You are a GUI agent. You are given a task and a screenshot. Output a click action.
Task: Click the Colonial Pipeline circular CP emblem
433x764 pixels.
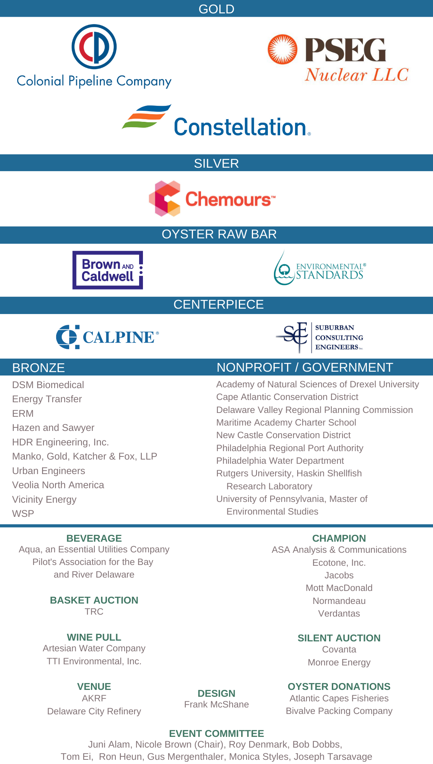[x=94, y=47]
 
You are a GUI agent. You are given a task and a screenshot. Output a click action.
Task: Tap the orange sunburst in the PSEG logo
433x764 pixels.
[x=282, y=49]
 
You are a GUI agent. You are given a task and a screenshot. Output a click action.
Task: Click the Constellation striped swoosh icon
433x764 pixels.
[x=146, y=116]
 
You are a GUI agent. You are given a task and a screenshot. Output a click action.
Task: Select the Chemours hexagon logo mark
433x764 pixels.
[x=165, y=199]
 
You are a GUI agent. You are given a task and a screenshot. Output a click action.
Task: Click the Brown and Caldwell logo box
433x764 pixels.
[x=108, y=270]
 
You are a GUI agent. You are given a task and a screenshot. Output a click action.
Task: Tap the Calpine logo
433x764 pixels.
[x=107, y=337]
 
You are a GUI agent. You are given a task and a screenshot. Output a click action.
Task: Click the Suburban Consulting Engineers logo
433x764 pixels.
[x=320, y=337]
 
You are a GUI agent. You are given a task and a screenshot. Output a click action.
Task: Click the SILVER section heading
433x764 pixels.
[x=216, y=163]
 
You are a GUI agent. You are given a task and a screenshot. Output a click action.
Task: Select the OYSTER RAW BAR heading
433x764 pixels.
[x=219, y=234]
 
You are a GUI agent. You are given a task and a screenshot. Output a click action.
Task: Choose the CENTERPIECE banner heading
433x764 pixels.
[x=219, y=304]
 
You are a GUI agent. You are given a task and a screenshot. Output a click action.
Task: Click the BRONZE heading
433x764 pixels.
[x=39, y=367]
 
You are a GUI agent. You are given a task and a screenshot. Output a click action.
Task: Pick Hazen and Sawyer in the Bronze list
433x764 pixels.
[x=53, y=428]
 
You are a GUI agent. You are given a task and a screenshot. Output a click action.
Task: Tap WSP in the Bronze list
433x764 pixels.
[x=23, y=514]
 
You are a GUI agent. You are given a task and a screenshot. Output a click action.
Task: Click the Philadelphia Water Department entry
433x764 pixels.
[x=280, y=461]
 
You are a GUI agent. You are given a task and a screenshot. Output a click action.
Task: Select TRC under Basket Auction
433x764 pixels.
[x=94, y=612]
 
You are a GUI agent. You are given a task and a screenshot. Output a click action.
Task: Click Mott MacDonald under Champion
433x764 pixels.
[x=339, y=588]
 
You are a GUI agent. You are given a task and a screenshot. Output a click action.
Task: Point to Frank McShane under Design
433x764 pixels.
[x=216, y=704]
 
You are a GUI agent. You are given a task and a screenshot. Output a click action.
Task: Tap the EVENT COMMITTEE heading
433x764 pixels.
[x=216, y=733]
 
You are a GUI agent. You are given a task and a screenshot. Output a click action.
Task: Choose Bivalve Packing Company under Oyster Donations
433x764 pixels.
[x=339, y=711]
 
